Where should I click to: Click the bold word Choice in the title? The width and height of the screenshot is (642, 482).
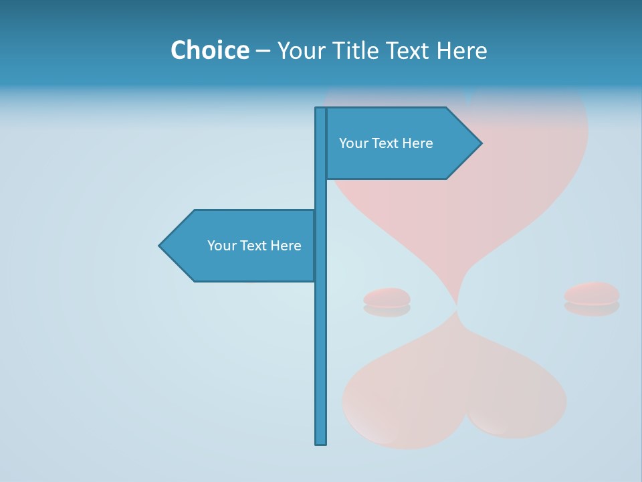209,50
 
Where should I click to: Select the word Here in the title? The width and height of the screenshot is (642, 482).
461,50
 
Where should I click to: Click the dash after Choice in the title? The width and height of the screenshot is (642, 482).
263,51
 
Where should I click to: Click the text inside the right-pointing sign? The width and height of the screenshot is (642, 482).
386,143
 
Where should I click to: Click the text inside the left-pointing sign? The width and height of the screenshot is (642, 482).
254,246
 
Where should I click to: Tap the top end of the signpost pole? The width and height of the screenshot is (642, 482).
321,109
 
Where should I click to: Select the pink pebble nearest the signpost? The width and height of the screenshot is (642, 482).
387,297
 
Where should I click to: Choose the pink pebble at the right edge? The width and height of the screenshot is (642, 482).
592,293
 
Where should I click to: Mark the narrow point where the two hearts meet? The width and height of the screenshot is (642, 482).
457,307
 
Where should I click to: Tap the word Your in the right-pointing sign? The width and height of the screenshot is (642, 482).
353,143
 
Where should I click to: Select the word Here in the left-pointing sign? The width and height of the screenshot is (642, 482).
286,246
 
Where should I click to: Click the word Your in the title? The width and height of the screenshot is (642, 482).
299,50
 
